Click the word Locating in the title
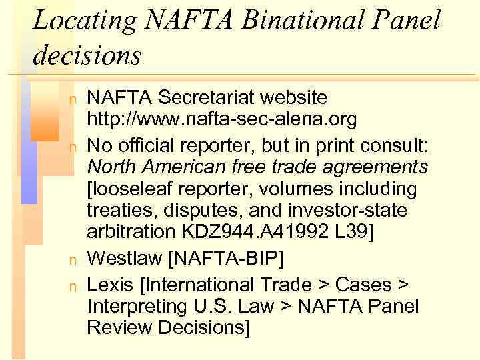click(75, 21)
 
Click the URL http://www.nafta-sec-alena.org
click(222, 119)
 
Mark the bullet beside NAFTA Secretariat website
click(74, 99)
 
